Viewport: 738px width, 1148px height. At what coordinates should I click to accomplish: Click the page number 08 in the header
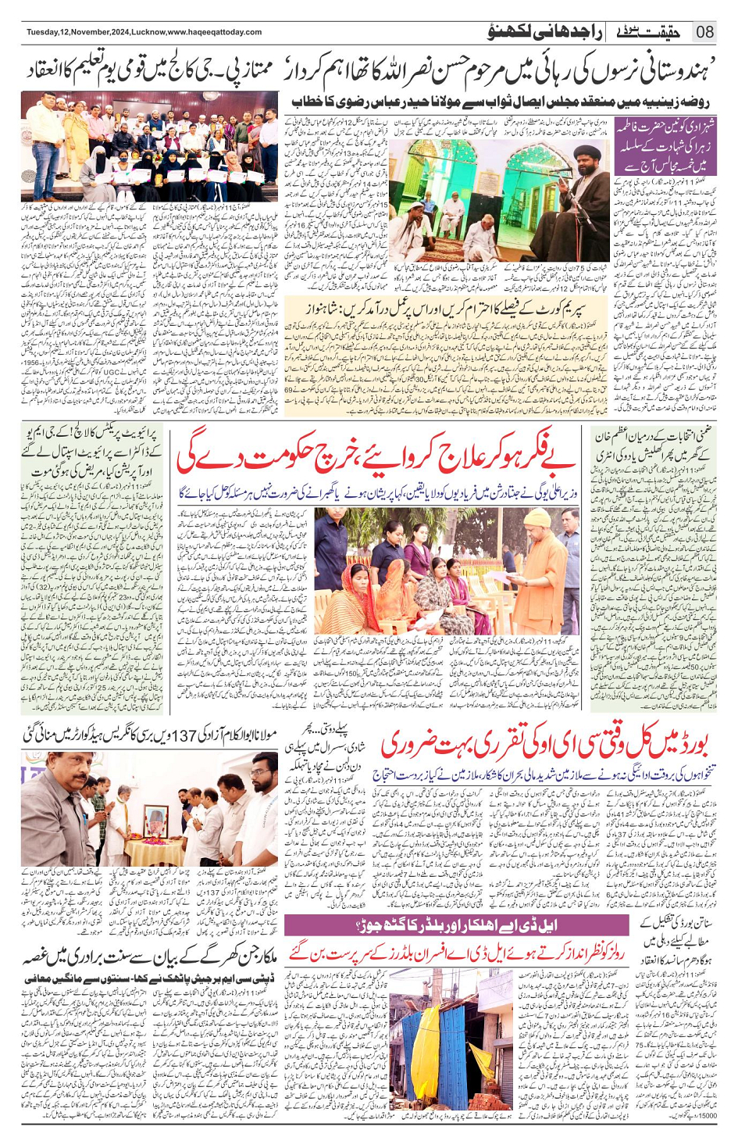pyautogui.click(x=705, y=32)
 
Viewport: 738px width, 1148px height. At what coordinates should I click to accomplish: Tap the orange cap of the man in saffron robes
pyautogui.click(x=537, y=517)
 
